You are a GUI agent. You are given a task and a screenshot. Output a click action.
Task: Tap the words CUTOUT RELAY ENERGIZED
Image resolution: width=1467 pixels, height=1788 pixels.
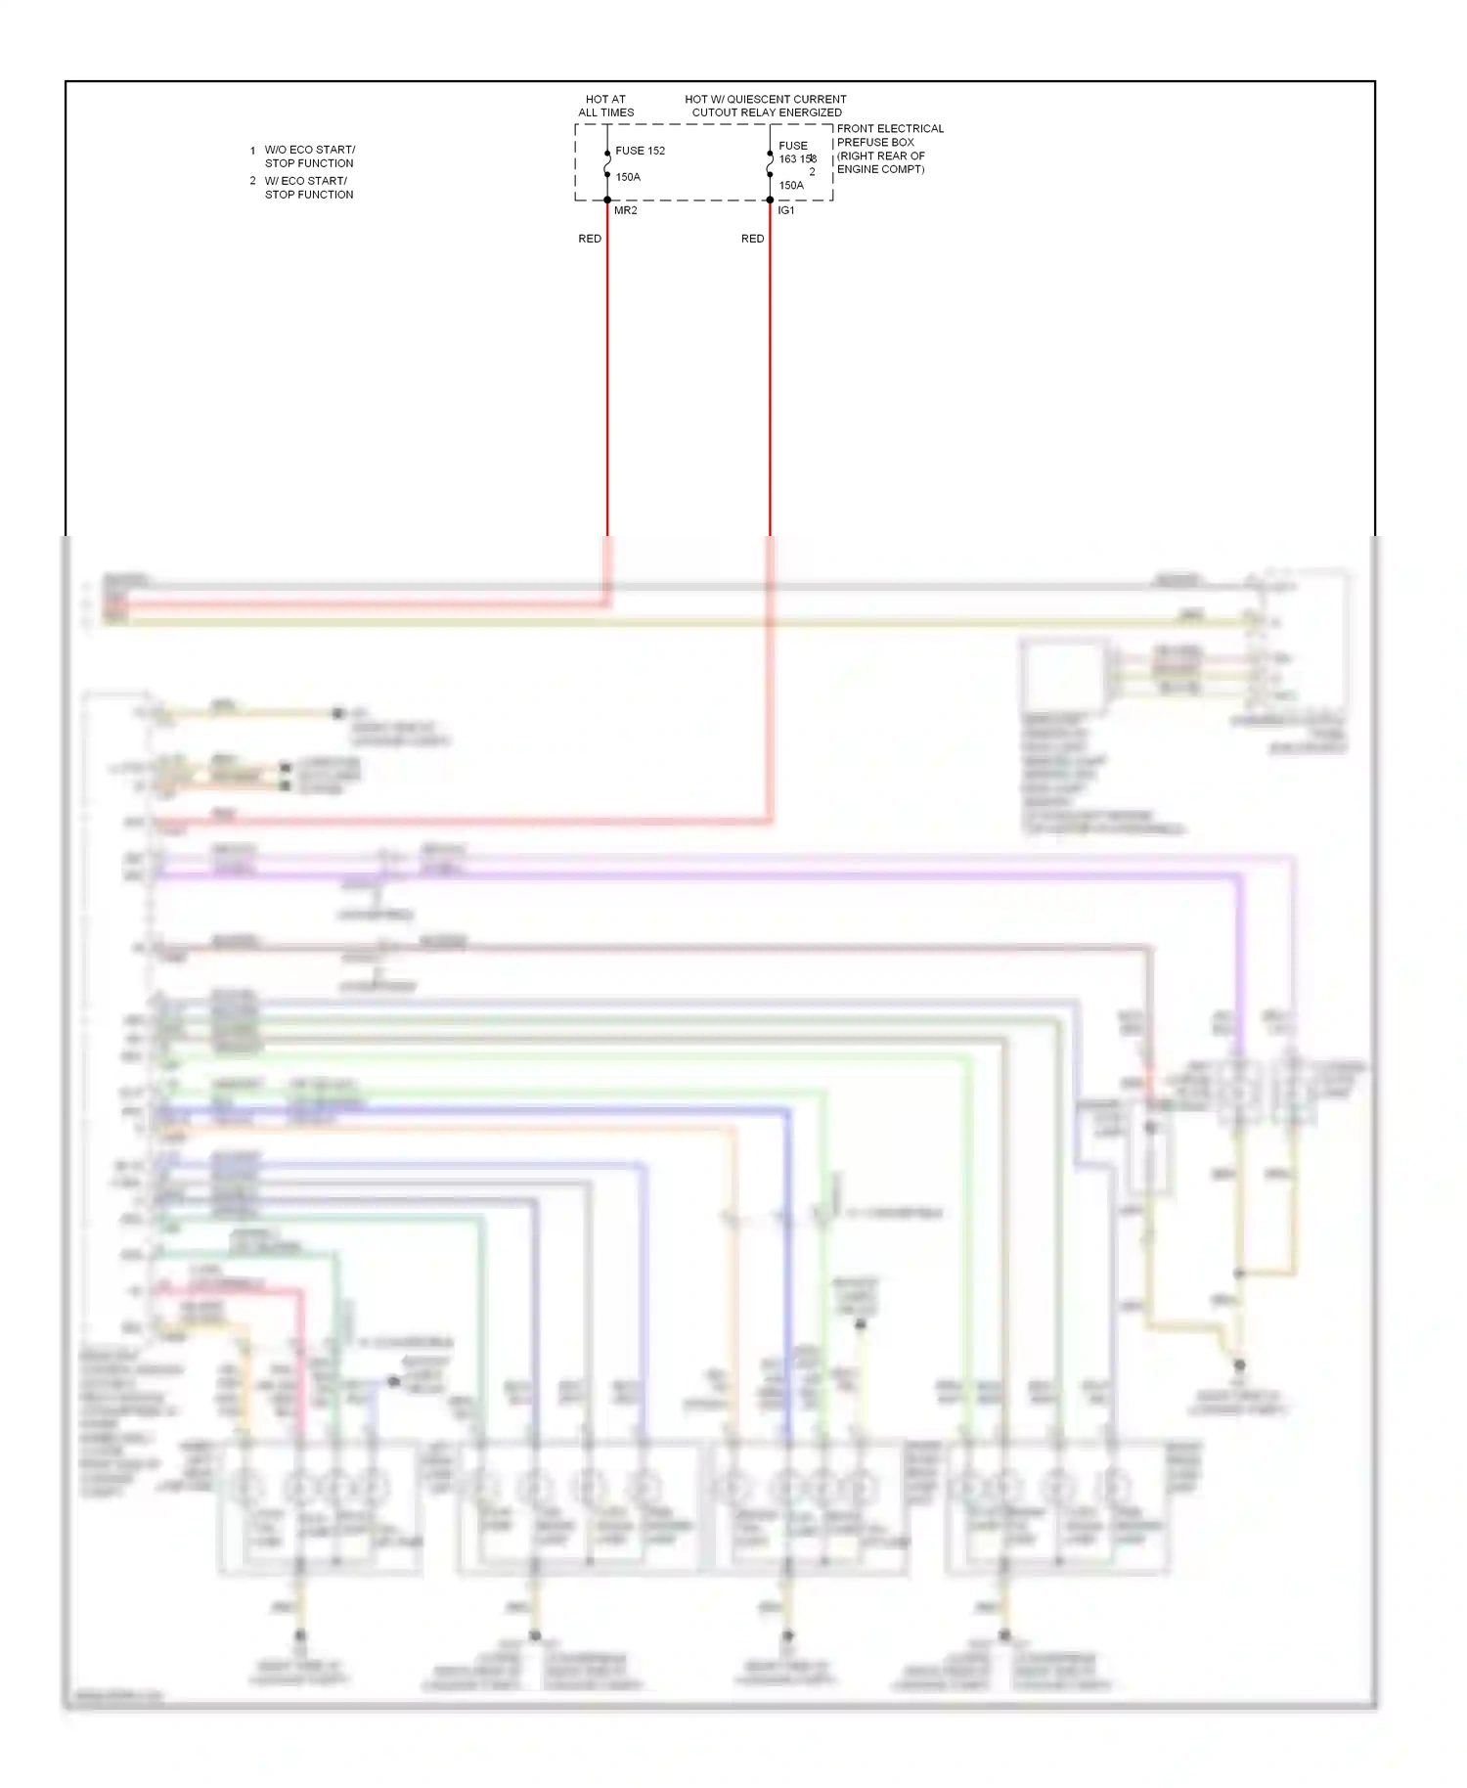pos(767,112)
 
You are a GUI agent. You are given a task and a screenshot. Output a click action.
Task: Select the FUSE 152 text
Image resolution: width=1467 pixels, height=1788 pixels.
pos(640,151)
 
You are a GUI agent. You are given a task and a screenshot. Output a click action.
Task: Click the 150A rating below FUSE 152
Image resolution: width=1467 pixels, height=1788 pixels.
pos(628,177)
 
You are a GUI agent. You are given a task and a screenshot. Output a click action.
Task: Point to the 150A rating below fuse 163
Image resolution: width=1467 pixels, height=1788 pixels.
pos(791,185)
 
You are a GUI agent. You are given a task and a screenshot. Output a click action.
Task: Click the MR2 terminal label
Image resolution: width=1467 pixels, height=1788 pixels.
pos(625,210)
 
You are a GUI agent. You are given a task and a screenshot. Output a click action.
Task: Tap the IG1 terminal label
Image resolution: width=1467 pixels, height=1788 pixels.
pos(786,210)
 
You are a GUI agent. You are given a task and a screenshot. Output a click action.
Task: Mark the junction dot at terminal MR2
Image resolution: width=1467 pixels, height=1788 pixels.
pos(607,201)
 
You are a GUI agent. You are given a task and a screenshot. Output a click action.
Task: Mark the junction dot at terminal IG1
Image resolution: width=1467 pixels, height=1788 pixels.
pos(770,201)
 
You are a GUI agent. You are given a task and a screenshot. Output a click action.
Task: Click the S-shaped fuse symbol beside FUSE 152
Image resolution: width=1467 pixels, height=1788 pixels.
pos(607,164)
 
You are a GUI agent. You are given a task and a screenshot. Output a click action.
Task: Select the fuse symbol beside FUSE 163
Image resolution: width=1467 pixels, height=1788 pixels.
pos(770,165)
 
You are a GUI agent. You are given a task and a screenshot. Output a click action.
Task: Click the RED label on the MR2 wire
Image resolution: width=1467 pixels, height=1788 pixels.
pos(590,239)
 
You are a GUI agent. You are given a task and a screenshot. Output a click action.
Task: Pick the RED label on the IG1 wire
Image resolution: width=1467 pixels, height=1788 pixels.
pos(752,239)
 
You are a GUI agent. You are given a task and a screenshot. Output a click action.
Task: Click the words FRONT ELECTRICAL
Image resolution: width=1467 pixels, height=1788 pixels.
pos(890,129)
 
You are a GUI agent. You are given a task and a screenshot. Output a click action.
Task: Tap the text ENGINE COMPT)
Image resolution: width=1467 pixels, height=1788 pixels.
pos(880,169)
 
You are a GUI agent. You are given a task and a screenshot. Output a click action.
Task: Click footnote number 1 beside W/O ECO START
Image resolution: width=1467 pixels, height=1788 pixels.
pos(252,151)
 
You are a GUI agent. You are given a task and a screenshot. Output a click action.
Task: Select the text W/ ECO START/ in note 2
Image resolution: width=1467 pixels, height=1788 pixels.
pos(305,181)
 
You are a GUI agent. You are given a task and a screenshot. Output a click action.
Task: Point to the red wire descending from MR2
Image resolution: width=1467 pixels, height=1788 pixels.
pos(607,391)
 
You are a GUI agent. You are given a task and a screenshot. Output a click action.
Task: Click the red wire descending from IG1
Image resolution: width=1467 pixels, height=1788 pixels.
pos(770,391)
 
